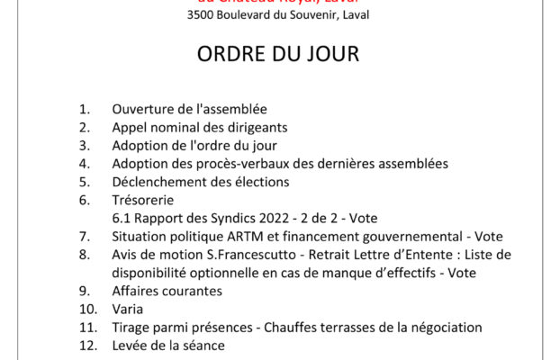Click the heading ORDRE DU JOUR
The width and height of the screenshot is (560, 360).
(x=278, y=55)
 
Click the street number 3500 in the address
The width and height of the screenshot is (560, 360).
(x=203, y=15)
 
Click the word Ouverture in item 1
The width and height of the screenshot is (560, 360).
(x=141, y=109)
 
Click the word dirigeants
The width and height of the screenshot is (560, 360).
(x=256, y=127)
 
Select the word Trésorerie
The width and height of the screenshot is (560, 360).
(x=142, y=200)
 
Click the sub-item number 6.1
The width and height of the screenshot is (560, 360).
(x=122, y=218)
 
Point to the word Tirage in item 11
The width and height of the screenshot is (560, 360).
(x=131, y=328)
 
